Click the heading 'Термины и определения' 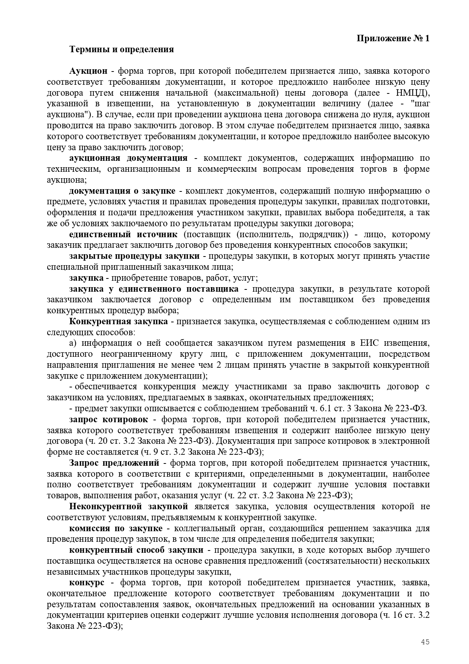point(121,50)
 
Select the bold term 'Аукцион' point(88,71)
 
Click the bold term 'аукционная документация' point(128,158)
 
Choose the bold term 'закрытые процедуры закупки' point(135,256)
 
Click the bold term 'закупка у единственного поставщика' point(154,289)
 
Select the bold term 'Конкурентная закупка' point(118,322)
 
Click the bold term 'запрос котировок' point(108,420)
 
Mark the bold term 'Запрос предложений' point(114,463)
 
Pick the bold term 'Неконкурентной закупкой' point(128,507)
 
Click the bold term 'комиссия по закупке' point(116,529)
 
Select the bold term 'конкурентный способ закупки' point(136,550)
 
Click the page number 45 point(425,642)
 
